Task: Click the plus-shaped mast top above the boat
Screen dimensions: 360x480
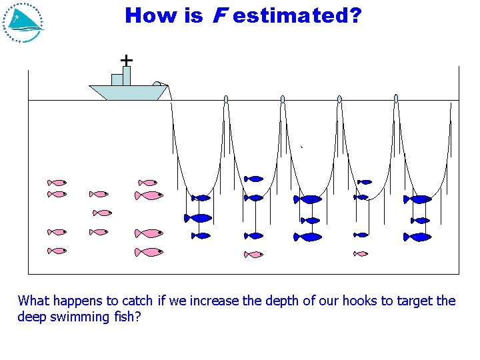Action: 126,60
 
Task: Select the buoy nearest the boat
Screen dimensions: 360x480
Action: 226,99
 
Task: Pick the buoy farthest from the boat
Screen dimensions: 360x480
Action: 396,99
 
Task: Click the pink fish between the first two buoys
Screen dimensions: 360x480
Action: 253,254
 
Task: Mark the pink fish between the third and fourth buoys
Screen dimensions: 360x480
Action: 361,253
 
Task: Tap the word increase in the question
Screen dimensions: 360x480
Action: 212,301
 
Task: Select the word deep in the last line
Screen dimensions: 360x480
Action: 31,317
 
